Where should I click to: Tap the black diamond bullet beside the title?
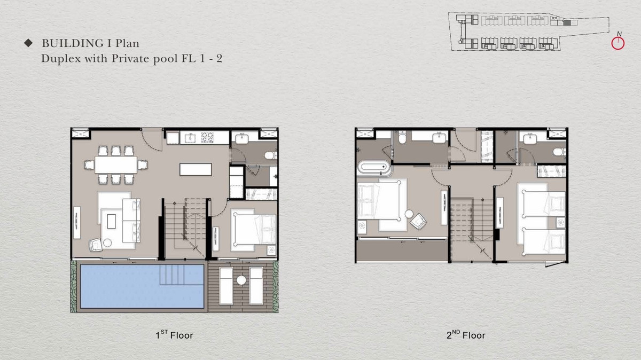click(28, 43)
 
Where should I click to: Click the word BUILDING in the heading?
click(73, 43)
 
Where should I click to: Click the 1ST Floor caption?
click(174, 335)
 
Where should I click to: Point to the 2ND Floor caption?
click(466, 335)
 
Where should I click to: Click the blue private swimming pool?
click(142, 286)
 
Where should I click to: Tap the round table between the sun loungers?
click(241, 280)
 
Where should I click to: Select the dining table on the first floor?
click(116, 165)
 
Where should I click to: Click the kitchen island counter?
click(196, 169)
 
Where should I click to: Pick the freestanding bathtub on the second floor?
click(374, 167)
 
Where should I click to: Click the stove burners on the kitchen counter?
click(207, 137)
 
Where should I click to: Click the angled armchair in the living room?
click(95, 245)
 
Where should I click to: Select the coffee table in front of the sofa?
click(111, 222)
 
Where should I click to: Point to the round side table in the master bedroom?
click(409, 214)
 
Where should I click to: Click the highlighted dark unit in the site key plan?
click(567, 22)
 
